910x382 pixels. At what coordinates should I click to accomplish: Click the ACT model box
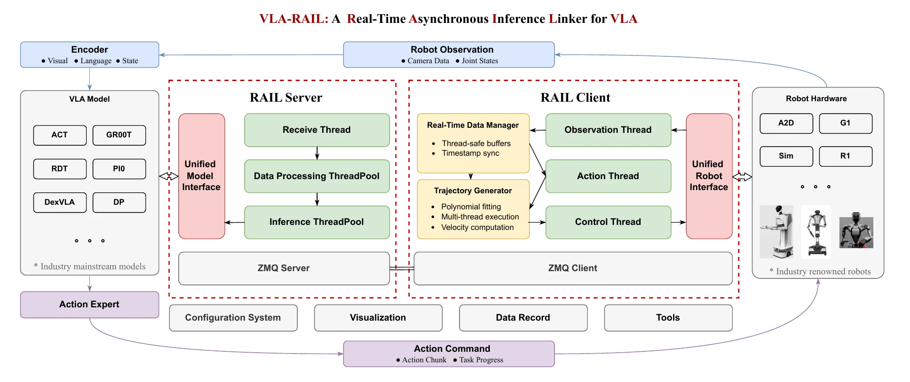tap(60, 135)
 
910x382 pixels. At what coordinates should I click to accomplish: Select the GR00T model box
tap(119, 135)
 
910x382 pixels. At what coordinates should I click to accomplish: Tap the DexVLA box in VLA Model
tap(60, 202)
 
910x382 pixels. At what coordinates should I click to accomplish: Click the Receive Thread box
tap(317, 130)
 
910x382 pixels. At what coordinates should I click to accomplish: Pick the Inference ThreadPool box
tap(317, 222)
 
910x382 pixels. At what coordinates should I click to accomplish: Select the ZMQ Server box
tap(284, 268)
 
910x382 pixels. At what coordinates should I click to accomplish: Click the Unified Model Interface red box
tap(201, 176)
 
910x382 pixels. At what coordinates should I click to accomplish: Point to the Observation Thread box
tap(608, 130)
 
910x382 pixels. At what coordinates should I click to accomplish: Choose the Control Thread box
tap(608, 222)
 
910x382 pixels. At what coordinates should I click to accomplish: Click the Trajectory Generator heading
tap(473, 191)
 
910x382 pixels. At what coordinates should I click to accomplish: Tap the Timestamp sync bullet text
tap(471, 153)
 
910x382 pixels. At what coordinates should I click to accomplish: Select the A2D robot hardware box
tap(786, 123)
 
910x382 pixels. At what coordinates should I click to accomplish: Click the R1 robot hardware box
tap(845, 156)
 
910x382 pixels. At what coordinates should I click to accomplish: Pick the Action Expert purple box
tap(89, 305)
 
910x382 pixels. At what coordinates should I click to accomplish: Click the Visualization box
tap(378, 318)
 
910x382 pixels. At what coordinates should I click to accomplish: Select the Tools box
tap(668, 318)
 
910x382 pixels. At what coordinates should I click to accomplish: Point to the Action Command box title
tap(452, 349)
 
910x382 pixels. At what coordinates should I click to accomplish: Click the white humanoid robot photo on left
tap(776, 231)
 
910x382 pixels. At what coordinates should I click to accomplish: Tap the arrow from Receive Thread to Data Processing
tap(317, 153)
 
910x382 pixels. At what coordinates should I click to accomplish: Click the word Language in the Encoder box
tap(96, 61)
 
